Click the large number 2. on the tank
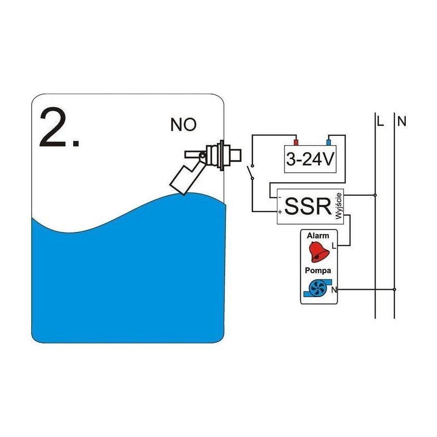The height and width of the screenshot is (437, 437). coord(59,128)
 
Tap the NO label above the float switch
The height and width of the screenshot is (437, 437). coord(183,125)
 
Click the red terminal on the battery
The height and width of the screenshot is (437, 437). coord(295,142)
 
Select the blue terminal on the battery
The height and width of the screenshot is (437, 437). coord(328,142)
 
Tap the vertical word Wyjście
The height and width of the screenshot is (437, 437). coord(339,207)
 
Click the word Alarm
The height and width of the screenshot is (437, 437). coord(318,236)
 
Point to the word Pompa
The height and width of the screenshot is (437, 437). coord(318,271)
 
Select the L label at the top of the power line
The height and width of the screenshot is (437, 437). coord(380,123)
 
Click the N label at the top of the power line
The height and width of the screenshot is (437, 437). coord(402,123)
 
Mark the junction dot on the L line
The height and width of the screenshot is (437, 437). coord(375,196)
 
